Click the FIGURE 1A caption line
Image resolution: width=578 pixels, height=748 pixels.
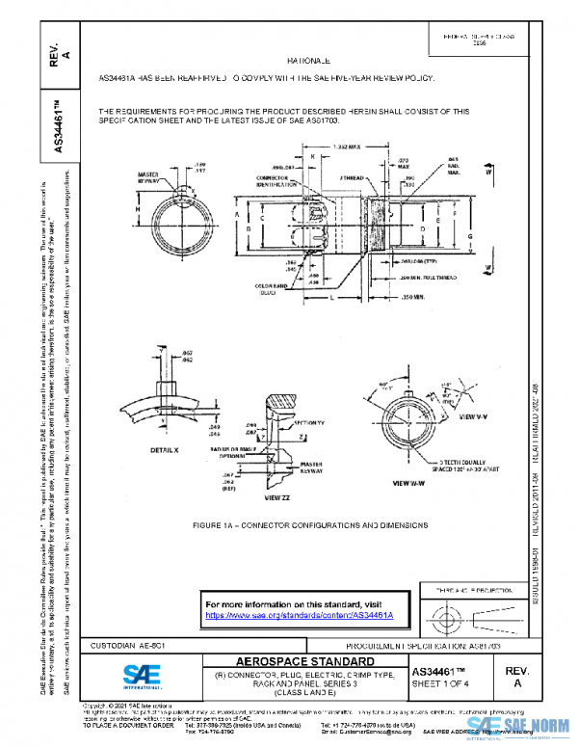309,525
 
